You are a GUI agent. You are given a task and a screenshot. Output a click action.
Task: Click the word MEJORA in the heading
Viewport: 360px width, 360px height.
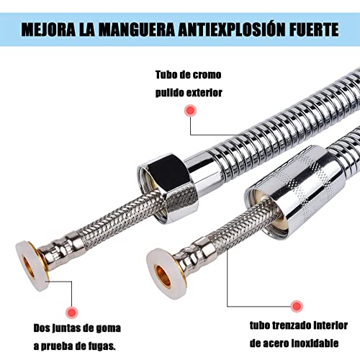pyautogui.click(x=47, y=31)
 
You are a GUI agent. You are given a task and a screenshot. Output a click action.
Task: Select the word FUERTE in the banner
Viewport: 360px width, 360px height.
pyautogui.click(x=312, y=31)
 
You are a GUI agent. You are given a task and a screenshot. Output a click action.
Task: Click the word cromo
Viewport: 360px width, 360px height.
pyautogui.click(x=204, y=75)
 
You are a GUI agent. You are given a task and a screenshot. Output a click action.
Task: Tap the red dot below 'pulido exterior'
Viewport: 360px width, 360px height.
pyautogui.click(x=191, y=111)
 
